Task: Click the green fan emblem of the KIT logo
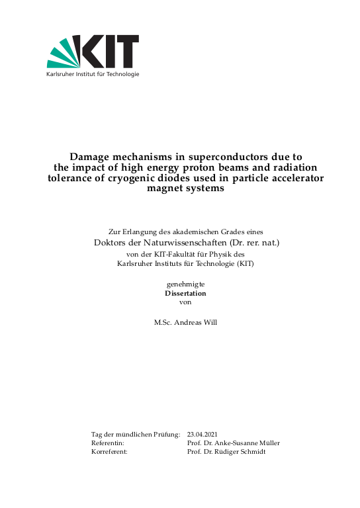pyautogui.click(x=63, y=53)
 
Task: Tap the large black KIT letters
pyautogui.click(x=109, y=52)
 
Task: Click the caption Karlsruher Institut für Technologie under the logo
pyautogui.click(x=93, y=74)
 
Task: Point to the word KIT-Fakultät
pyautogui.click(x=181, y=254)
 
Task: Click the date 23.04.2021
pyautogui.click(x=202, y=434)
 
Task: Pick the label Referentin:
pyautogui.click(x=107, y=443)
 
